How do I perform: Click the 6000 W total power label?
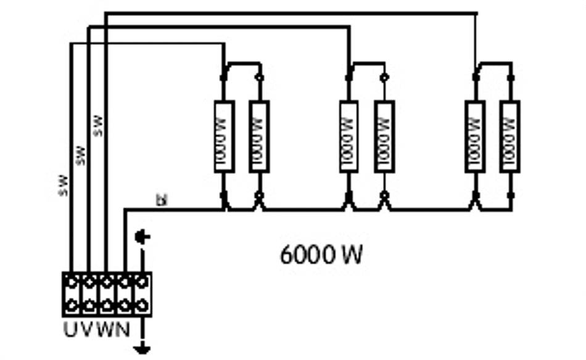click(321, 254)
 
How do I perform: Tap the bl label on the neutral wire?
click(162, 200)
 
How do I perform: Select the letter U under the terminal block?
click(70, 329)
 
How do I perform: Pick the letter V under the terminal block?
click(87, 329)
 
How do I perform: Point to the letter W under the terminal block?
click(105, 329)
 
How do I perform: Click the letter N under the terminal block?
click(123, 329)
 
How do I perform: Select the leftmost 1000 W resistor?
click(223, 136)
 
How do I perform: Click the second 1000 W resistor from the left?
click(259, 136)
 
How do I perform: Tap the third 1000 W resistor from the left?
click(349, 136)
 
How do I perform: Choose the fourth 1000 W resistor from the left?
click(384, 136)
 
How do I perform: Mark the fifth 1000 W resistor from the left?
click(474, 136)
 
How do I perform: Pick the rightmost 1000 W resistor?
click(510, 136)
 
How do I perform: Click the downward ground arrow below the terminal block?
click(142, 349)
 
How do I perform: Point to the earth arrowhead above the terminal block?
click(141, 236)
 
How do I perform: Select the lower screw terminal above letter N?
click(125, 305)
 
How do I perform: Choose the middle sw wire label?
click(80, 155)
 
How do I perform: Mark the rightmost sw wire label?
click(97, 125)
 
